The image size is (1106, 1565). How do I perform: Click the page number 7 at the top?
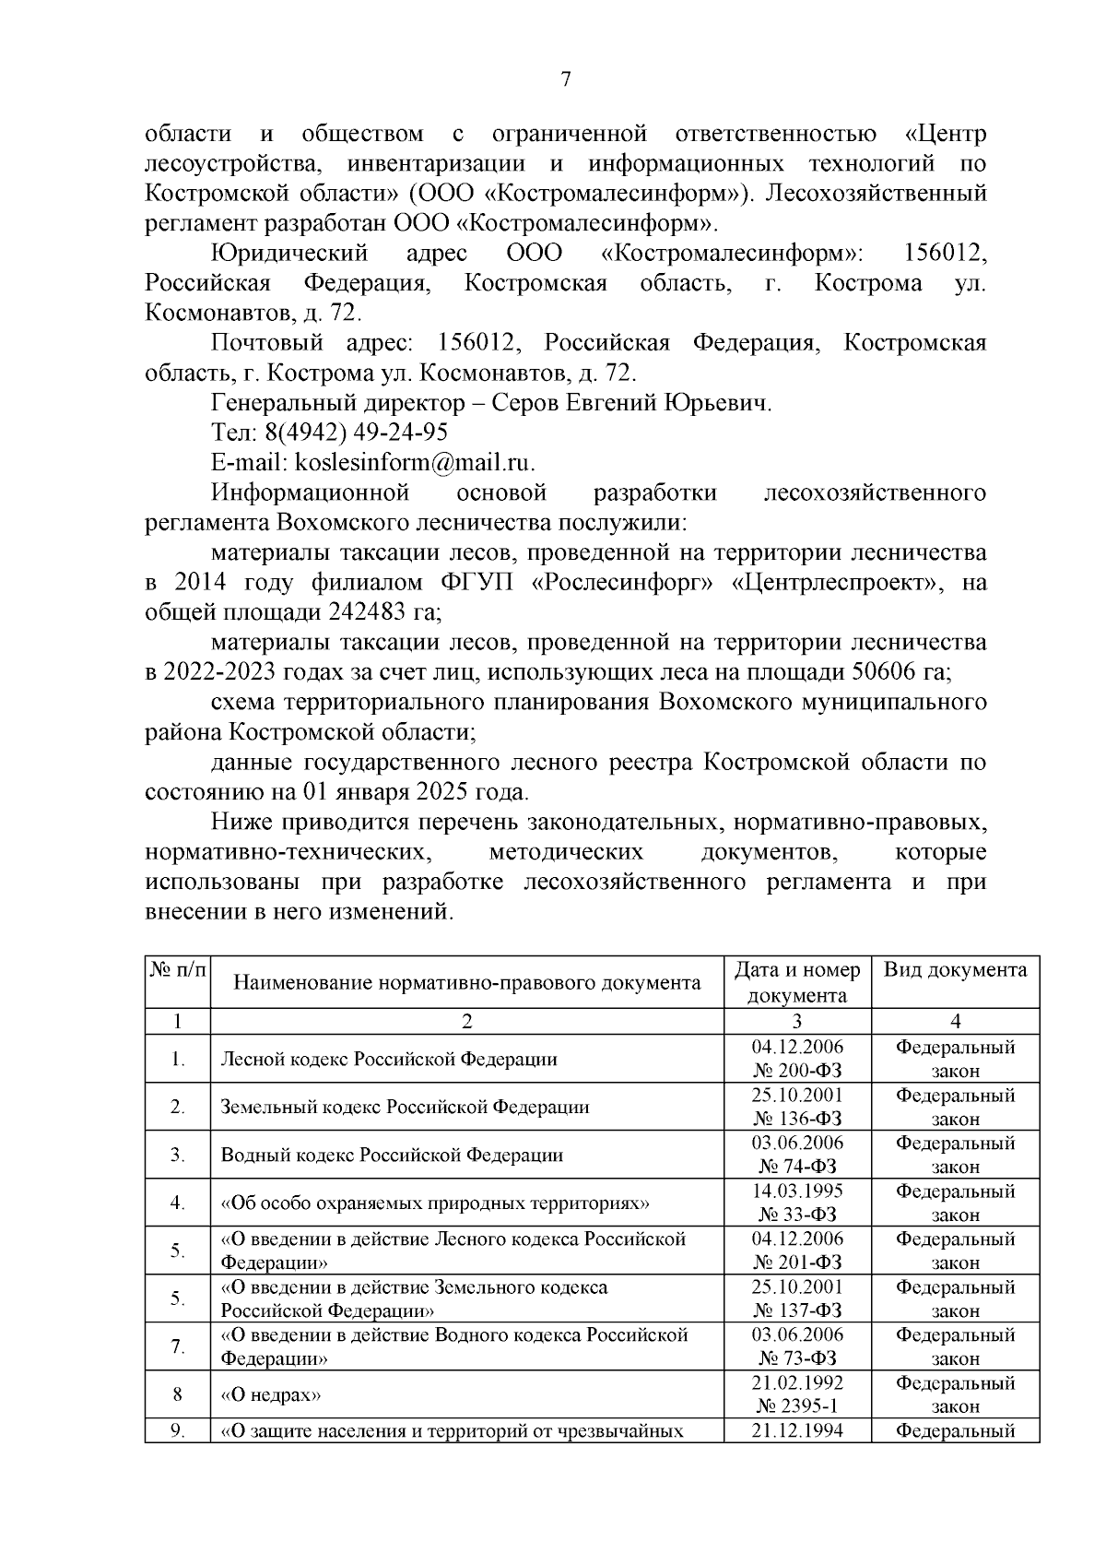[566, 80]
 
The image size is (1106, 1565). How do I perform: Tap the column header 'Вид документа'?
[955, 970]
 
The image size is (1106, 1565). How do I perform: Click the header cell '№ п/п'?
[177, 970]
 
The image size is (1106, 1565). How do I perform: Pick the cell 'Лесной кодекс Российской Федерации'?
[389, 1059]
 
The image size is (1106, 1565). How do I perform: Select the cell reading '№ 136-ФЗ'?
[796, 1119]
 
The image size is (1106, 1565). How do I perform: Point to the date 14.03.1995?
[796, 1191]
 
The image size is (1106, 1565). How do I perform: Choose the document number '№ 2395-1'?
[796, 1406]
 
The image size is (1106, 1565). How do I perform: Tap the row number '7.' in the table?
[177, 1346]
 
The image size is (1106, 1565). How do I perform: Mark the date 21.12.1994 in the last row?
[796, 1430]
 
